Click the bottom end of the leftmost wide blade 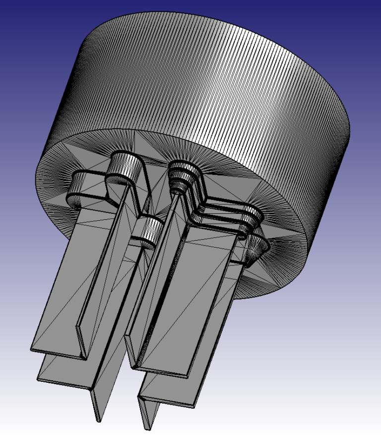click(55, 350)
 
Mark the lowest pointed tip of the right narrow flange click(147, 427)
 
